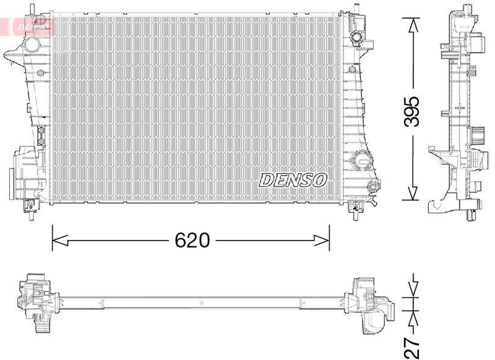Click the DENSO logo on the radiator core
tap(293, 180)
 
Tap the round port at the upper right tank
tap(356, 38)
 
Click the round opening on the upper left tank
tap(30, 45)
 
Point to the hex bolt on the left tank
tap(41, 74)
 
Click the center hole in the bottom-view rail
tap(202, 303)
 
